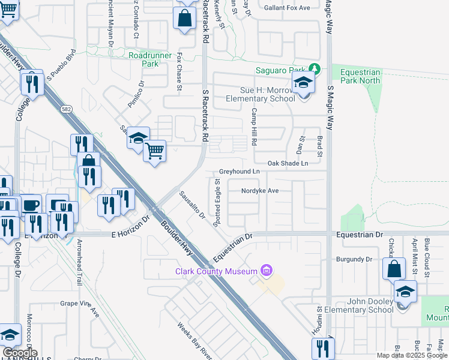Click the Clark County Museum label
(x=215, y=271)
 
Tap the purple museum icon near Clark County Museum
(x=267, y=271)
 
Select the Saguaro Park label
(x=281, y=70)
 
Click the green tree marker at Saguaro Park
(x=313, y=70)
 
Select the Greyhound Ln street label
(x=239, y=172)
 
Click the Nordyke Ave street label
(x=260, y=191)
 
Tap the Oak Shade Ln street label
(x=288, y=163)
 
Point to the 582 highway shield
(x=65, y=110)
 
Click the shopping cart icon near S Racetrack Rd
(x=155, y=151)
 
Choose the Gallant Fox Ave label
(x=289, y=8)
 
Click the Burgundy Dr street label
(x=355, y=259)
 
